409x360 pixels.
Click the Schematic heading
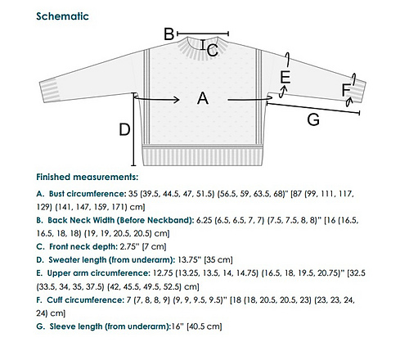point(62,16)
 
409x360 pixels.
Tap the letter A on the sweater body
point(203,98)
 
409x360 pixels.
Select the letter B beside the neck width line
point(169,34)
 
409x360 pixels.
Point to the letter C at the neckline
point(213,51)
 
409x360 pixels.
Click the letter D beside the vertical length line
point(124,129)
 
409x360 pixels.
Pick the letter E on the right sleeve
point(285,77)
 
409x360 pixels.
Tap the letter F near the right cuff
point(346,90)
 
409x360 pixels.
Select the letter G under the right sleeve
point(313,119)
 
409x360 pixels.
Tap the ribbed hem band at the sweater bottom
point(203,155)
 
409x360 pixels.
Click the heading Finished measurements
point(88,177)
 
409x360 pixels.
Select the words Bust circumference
point(88,194)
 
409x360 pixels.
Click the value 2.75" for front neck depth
point(128,247)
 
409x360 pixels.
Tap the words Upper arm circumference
point(98,273)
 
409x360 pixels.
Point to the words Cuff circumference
point(85,300)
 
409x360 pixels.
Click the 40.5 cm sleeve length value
point(204,326)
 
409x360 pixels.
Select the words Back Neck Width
point(81,220)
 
